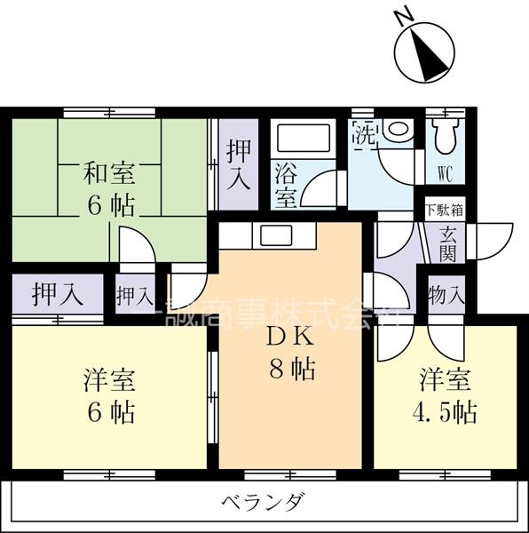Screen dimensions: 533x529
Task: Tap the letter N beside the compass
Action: coord(402,15)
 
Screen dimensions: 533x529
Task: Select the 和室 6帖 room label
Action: coord(110,189)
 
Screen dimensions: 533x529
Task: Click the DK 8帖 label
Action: coord(291,353)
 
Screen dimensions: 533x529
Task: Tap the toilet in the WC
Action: coord(445,136)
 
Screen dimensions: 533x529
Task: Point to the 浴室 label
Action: coord(286,183)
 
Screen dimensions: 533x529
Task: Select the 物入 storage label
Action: coord(446,294)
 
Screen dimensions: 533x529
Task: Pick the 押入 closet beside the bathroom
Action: coord(237,164)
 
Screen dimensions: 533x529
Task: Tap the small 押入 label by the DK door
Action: coord(133,295)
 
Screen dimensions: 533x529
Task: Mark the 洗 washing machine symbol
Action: coord(365,136)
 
